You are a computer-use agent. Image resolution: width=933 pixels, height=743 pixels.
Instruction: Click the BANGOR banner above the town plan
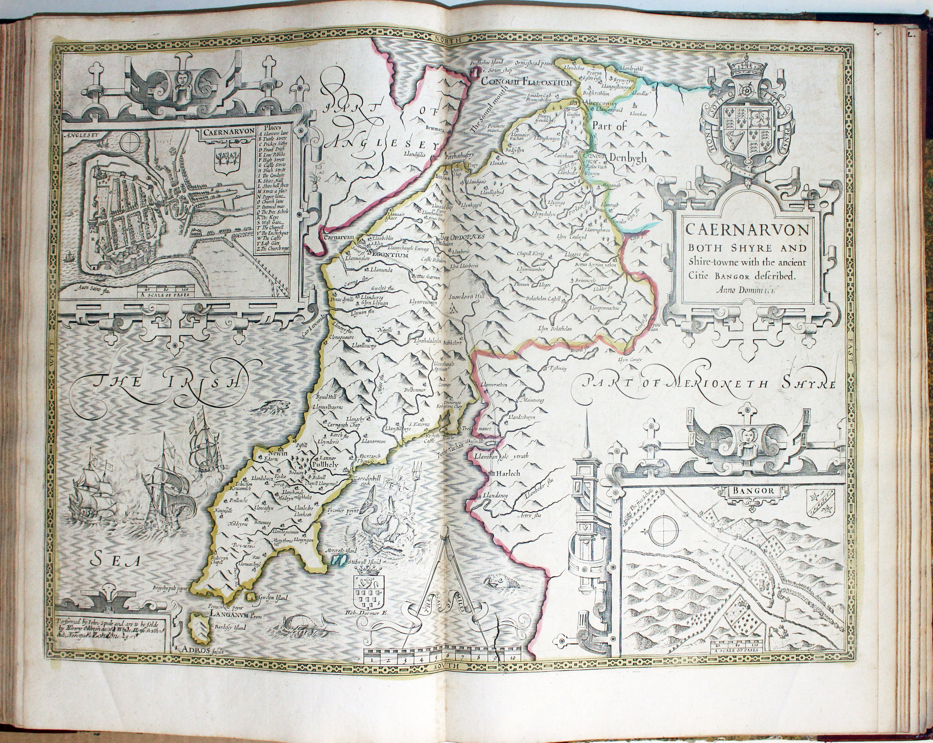753,491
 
